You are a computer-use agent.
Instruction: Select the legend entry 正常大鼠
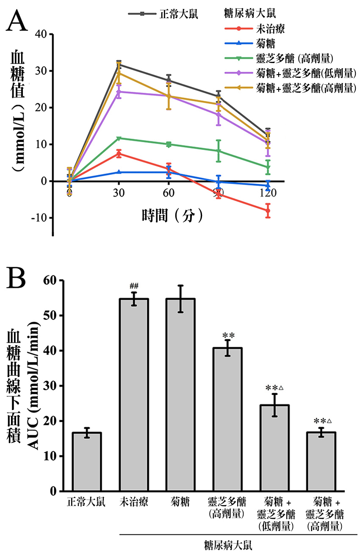click(178, 14)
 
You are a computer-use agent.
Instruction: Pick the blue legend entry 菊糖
click(266, 43)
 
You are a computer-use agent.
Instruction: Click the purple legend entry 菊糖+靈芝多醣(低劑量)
click(305, 73)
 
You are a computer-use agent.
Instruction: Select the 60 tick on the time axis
click(169, 193)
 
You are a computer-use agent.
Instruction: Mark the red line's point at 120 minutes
click(268, 210)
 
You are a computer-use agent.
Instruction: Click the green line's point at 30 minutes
click(119, 138)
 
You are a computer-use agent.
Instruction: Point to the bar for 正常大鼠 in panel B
click(87, 462)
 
